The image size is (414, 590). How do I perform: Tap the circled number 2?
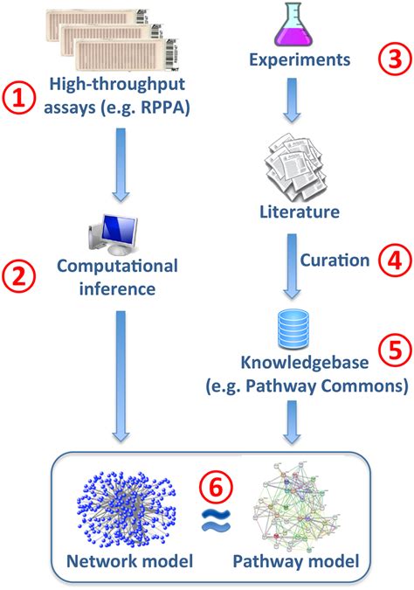point(20,278)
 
